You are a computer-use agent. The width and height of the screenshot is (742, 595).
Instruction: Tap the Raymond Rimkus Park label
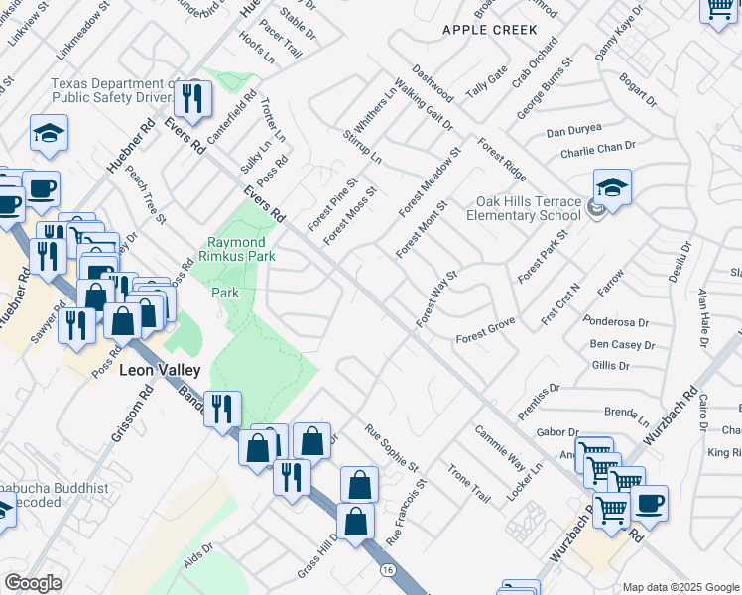pos(236,250)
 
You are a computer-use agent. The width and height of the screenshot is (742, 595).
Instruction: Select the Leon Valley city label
pos(160,370)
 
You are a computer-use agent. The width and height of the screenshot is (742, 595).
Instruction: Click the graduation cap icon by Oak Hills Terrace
pos(613,188)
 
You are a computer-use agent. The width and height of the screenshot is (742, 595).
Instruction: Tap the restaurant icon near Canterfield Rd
pos(192,98)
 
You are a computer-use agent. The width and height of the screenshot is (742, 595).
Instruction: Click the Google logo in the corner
pos(32,583)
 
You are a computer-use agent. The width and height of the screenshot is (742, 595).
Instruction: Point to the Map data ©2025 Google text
pos(680,587)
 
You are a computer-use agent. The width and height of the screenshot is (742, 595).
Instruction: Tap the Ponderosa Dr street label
pos(616,322)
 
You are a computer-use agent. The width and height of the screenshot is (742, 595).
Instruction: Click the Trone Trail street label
pos(469,483)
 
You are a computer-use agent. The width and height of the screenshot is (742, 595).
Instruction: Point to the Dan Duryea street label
pos(575,132)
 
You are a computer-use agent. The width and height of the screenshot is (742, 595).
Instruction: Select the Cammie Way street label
pos(499,447)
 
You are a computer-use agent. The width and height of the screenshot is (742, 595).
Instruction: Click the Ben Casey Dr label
pos(622,345)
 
